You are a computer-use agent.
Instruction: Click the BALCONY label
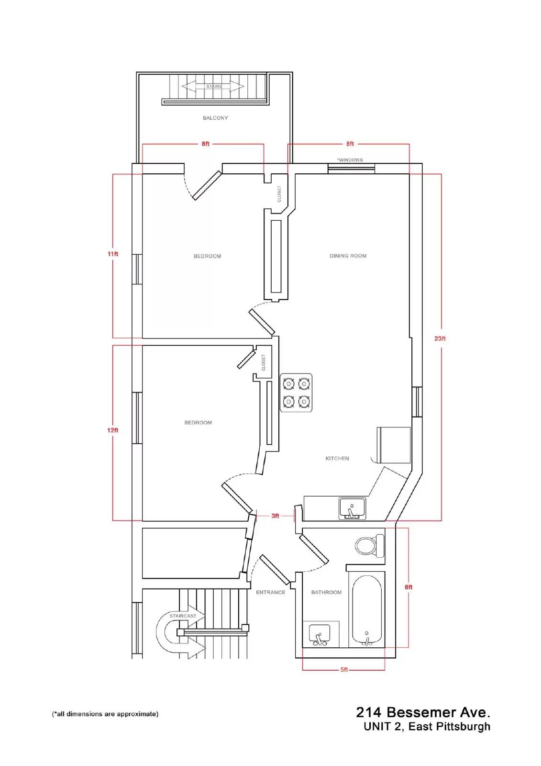(215, 118)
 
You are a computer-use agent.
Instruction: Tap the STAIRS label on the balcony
(214, 87)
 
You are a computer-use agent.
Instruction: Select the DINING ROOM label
(348, 256)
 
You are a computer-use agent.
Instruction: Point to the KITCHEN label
(337, 458)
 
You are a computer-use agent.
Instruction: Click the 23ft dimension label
(440, 338)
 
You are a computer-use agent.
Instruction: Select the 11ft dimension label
(113, 254)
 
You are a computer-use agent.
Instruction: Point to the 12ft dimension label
(113, 430)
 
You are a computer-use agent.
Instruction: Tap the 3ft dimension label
(275, 516)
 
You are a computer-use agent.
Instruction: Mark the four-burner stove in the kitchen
(296, 393)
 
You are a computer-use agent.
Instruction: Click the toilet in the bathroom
(370, 546)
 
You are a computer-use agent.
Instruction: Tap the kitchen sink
(353, 508)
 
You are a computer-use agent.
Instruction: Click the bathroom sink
(320, 635)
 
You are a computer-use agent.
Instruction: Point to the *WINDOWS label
(350, 160)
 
